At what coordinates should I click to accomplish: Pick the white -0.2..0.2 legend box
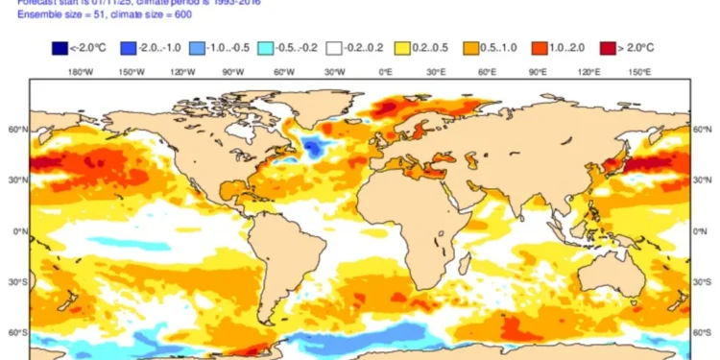(x=334, y=46)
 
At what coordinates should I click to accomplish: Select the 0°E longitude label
(x=385, y=71)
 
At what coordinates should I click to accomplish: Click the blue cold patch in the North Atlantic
(x=312, y=147)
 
